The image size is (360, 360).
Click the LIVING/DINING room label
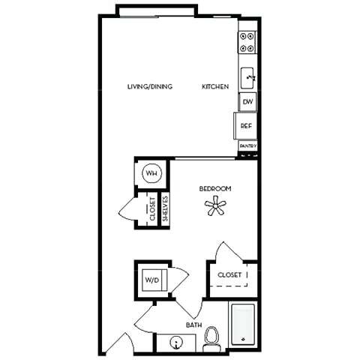(150, 87)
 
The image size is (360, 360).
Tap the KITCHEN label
(215, 87)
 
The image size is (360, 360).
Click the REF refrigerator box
(246, 125)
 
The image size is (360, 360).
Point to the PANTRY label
(248, 145)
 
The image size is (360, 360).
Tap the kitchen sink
(248, 76)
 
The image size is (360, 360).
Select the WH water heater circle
(151, 174)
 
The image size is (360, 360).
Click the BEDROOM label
(215, 188)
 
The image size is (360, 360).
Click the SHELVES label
(165, 208)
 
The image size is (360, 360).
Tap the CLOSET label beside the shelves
(152, 208)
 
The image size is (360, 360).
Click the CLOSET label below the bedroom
(229, 275)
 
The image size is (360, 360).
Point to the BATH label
(193, 325)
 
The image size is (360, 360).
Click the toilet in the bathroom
(212, 339)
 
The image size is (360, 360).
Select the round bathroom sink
(177, 343)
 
